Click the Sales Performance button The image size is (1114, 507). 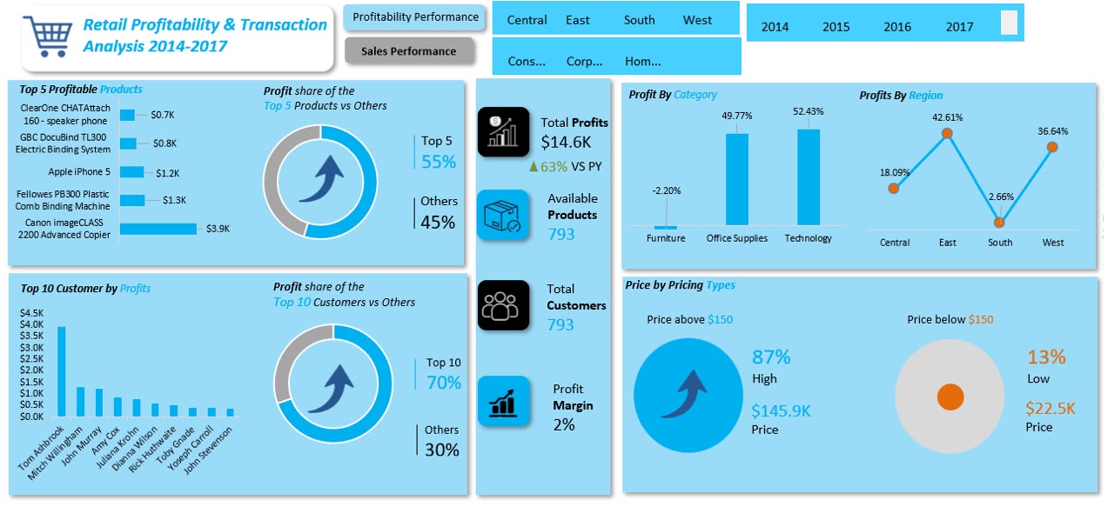409,51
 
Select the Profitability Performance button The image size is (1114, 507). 415,17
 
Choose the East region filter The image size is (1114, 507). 577,20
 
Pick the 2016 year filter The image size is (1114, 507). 896,27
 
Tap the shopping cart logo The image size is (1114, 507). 48,37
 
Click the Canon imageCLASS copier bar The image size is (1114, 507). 158,229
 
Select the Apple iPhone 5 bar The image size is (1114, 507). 131,172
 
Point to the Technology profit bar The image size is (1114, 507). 809,177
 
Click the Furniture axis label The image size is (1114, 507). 666,238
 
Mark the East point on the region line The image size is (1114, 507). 947,133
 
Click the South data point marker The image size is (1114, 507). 999,223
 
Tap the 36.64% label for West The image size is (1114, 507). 1052,131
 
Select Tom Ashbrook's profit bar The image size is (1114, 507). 62,371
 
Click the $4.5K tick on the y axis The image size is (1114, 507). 32,313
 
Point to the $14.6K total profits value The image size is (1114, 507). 566,143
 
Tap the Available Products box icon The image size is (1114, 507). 503,215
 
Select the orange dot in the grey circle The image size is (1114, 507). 950,397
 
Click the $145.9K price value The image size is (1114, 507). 781,411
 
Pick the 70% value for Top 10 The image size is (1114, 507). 444,383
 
